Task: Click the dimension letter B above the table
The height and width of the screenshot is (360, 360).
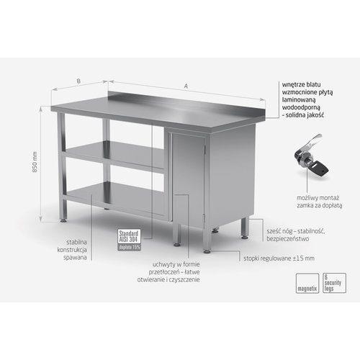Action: tap(78, 81)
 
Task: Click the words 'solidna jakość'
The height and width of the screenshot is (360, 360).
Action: tap(308, 115)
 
